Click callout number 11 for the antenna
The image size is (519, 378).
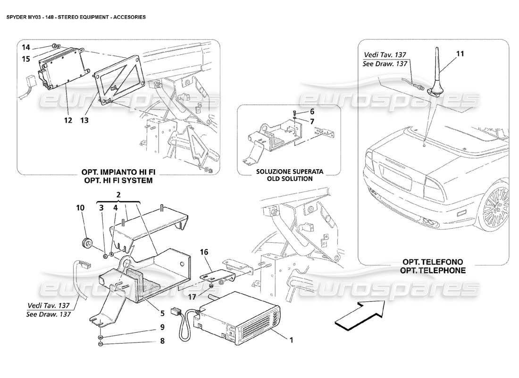[x=460, y=54]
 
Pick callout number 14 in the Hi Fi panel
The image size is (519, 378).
[x=26, y=47]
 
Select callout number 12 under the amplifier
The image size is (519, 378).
[x=68, y=120]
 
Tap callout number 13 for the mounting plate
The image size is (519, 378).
[x=84, y=120]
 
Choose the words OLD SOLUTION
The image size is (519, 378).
[x=284, y=179]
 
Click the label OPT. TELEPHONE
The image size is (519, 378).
[x=433, y=271]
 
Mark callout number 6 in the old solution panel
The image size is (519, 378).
[x=311, y=112]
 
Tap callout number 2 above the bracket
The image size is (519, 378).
[x=119, y=195]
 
